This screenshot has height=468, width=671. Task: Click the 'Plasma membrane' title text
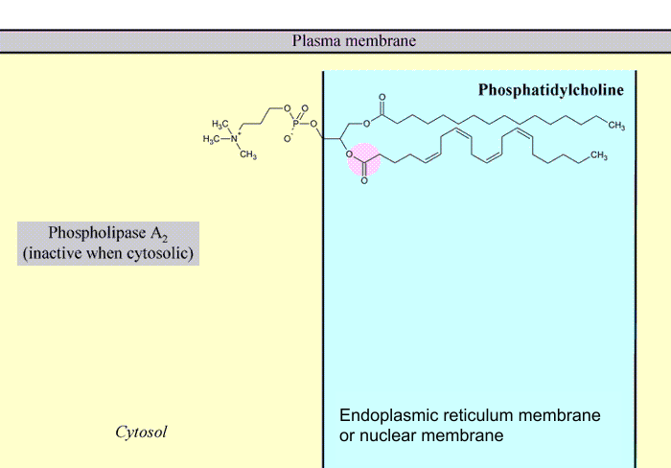(354, 40)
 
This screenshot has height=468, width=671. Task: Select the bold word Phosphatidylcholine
(551, 90)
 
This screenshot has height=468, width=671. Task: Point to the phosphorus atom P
(296, 124)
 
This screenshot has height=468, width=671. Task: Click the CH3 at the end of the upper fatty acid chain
(615, 127)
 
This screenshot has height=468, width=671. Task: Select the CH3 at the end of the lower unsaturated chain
(599, 155)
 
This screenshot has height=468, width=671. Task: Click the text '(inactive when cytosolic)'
(108, 253)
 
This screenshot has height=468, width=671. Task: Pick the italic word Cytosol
(141, 432)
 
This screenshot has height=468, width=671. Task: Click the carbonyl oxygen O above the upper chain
(382, 98)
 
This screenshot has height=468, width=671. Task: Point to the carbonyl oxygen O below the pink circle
(363, 181)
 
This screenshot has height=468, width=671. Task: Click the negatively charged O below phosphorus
(287, 139)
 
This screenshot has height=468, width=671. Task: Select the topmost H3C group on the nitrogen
(220, 125)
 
